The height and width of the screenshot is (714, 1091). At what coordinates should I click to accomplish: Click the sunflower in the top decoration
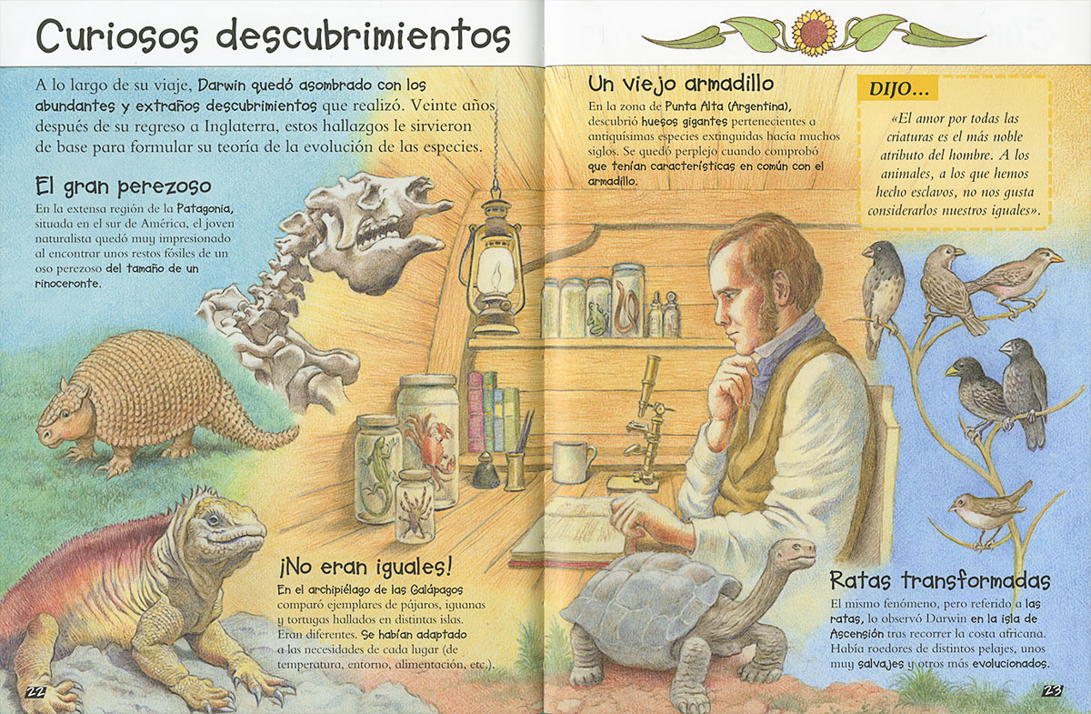coord(813,33)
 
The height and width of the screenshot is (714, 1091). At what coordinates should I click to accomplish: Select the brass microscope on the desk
coord(643,423)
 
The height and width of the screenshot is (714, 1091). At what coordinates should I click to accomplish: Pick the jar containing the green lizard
coord(377,468)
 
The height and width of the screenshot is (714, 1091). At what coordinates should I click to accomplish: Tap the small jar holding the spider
coord(415,506)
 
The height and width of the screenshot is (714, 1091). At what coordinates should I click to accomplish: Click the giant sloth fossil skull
coord(375,229)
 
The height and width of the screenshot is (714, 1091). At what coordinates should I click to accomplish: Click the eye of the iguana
coord(213,519)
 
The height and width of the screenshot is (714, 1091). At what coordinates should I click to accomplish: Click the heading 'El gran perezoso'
coord(124,186)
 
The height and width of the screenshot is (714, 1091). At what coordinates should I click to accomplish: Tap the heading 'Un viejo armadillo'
coord(681,84)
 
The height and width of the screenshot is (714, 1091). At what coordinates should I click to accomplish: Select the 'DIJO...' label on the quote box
coord(898,89)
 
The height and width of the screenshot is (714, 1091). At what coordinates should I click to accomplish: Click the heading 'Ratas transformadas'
coord(939,580)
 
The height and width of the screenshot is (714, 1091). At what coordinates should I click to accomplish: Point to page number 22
coord(35,691)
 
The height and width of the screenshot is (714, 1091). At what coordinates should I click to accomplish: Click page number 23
coord(1053,690)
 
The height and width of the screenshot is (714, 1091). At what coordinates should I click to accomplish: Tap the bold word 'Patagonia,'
coord(205,208)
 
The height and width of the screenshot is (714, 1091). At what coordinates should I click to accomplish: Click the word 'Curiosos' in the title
coord(118,36)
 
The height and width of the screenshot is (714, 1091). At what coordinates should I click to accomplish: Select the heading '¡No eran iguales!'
coord(365,568)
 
